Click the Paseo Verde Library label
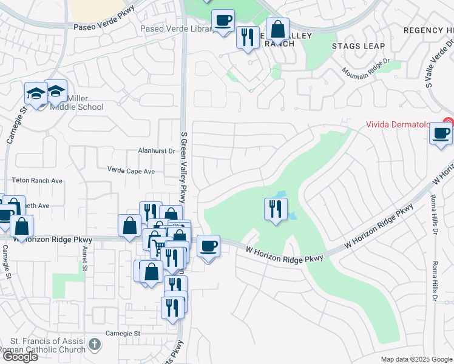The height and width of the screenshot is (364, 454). (x=174, y=29)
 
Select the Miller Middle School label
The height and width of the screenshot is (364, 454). (x=76, y=103)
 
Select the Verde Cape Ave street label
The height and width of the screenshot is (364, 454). (x=131, y=171)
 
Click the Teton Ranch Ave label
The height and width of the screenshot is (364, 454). (x=38, y=181)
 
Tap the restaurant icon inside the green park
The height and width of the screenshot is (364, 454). (x=276, y=209)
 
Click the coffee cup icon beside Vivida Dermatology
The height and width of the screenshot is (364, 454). (x=441, y=133)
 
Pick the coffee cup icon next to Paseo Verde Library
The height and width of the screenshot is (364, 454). (x=223, y=20)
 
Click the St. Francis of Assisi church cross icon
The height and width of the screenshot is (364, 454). (x=94, y=344)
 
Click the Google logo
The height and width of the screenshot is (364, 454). (x=20, y=357)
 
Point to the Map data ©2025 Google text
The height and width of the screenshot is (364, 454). (x=416, y=359)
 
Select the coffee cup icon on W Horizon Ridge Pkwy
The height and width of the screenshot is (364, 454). (x=208, y=246)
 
